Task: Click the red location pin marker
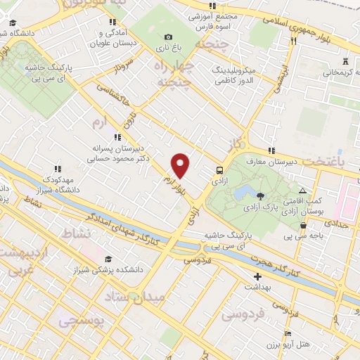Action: tap(181, 165)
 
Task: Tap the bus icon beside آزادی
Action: tap(220, 170)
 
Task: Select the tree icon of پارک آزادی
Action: tap(261, 196)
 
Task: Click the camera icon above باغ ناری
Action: tap(167, 37)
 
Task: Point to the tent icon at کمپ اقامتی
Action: tap(302, 191)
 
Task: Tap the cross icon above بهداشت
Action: tap(257, 276)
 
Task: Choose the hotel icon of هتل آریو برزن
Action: tap(287, 334)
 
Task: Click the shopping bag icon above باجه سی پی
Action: tap(303, 226)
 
